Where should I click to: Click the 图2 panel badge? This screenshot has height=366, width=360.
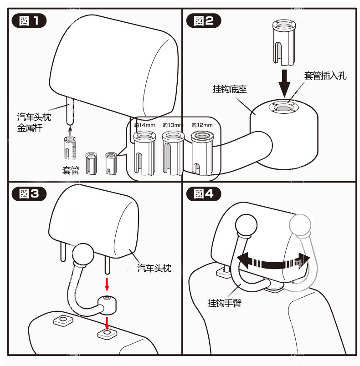(x=203, y=21)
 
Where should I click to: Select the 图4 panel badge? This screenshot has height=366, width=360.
(x=203, y=194)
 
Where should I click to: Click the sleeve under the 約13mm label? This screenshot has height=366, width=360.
(x=172, y=153)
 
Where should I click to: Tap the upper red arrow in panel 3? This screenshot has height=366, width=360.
(x=108, y=284)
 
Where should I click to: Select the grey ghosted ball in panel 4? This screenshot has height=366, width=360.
(x=299, y=225)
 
